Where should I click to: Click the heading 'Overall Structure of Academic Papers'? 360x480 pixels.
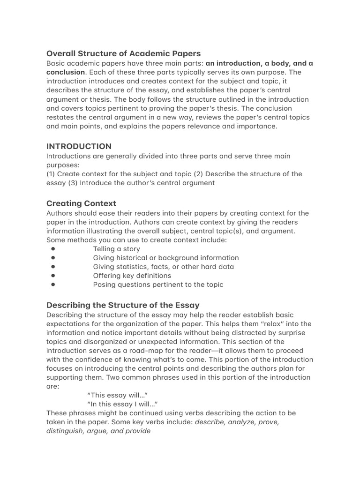click(123, 53)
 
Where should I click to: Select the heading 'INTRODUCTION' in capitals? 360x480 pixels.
click(79, 146)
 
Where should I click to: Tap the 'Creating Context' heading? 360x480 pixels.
click(81, 203)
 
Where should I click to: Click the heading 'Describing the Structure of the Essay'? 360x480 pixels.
click(123, 305)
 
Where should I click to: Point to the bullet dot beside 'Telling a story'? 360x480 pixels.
click(53, 249)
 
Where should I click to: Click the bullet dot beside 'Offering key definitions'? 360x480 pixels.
click(53, 276)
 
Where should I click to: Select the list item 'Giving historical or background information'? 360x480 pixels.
click(165, 258)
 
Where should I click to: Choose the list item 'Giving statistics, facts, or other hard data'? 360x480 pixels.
click(163, 267)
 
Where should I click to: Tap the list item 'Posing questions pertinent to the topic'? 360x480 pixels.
click(158, 285)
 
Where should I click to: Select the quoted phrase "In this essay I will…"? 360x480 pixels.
click(122, 404)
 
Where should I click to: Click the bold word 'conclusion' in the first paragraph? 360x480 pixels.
click(66, 72)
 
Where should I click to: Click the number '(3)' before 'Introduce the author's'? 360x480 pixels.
click(73, 183)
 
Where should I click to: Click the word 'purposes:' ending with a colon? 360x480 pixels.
click(63, 165)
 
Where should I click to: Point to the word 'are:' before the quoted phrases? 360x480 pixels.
click(53, 386)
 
